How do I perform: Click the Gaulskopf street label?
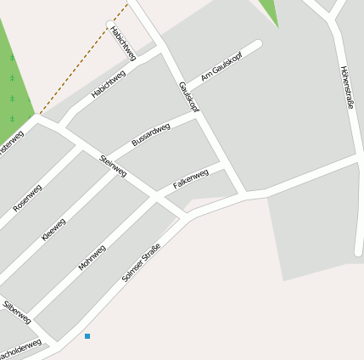click(x=188, y=98)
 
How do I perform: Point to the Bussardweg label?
click(x=151, y=134)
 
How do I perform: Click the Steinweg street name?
click(x=113, y=166)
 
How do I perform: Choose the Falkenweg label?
click(x=191, y=179)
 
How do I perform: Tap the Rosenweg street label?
click(x=27, y=198)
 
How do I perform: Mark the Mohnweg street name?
click(x=92, y=257)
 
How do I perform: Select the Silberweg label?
click(x=17, y=312)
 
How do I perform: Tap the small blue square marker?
click(x=87, y=337)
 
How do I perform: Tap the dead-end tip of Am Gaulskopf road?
click(x=257, y=44)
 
